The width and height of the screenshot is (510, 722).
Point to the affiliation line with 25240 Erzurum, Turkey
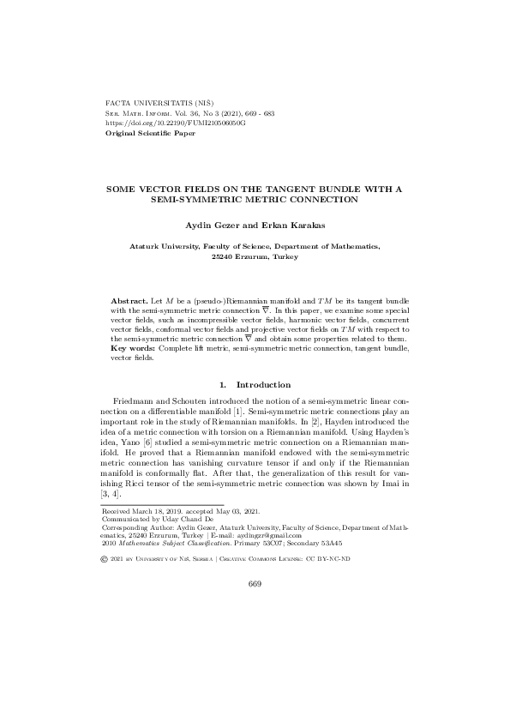point(255,256)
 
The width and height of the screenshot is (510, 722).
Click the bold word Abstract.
point(129,304)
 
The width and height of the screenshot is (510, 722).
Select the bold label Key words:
point(135,348)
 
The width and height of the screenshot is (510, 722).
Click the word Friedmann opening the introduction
point(138,402)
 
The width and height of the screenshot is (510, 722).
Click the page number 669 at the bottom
point(255,584)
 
